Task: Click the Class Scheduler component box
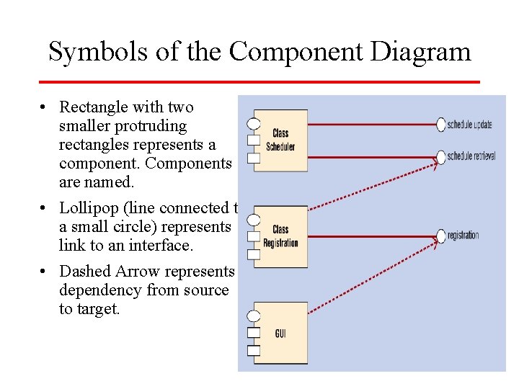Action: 281,140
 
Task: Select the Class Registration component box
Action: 281,236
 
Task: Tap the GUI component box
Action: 281,333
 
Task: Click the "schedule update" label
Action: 469,125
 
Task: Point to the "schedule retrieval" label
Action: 471,156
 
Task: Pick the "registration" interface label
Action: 463,236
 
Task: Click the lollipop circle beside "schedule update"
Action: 441,125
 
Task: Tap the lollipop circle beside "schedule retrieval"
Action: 441,156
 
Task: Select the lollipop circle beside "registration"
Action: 441,236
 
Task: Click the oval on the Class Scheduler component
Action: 253,123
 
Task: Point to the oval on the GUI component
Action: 253,316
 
